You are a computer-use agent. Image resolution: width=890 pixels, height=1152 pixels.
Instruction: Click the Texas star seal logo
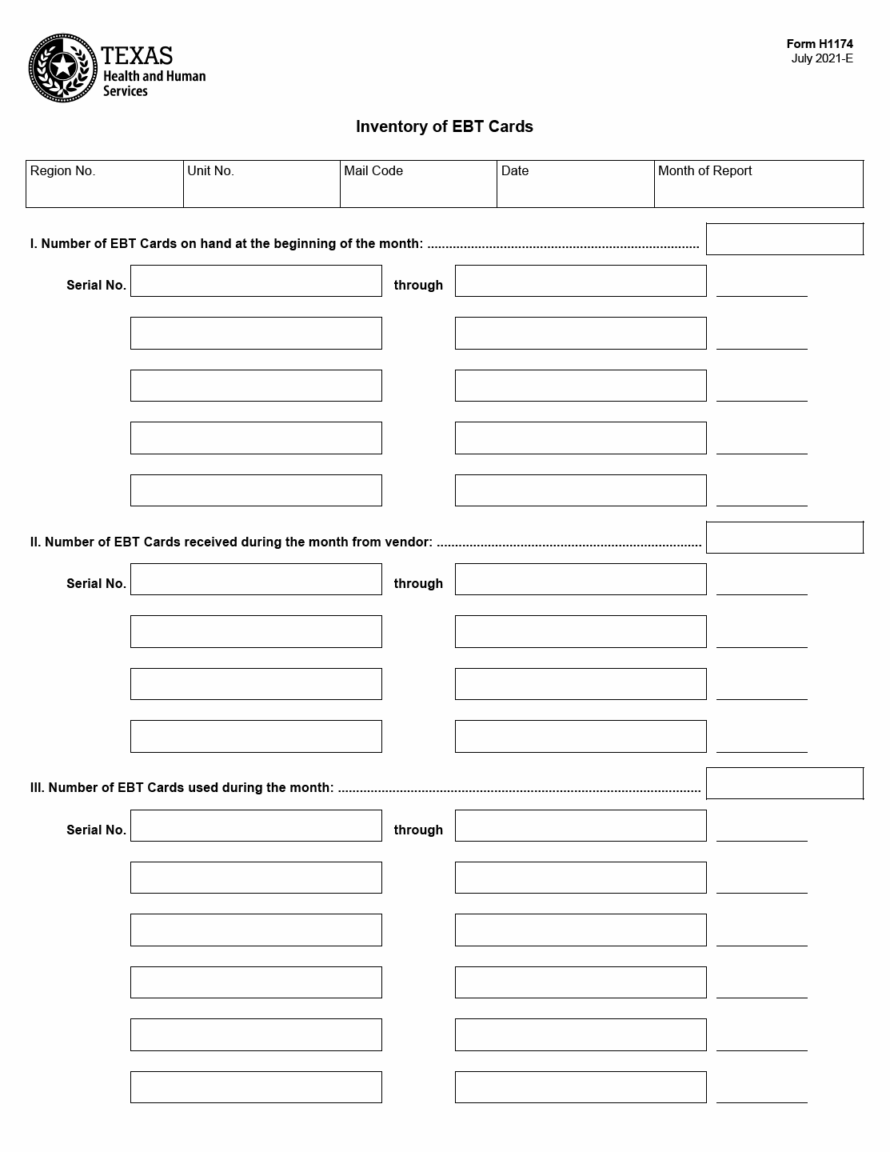62,68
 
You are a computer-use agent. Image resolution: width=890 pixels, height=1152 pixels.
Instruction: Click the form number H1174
820,45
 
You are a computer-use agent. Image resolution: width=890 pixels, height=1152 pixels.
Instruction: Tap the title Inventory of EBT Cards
444,126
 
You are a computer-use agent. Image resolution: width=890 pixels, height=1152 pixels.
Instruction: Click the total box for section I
784,239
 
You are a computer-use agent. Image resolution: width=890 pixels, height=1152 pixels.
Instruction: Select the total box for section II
784,538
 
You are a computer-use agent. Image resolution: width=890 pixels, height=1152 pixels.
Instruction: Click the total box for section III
784,783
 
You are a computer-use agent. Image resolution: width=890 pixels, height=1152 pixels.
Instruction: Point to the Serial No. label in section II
96,584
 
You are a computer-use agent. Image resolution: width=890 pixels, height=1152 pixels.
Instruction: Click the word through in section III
418,830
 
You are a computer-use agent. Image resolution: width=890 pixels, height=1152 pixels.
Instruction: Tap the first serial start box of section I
256,281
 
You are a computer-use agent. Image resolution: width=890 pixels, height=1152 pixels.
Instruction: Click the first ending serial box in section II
581,579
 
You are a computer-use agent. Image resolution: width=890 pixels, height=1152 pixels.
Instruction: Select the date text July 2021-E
822,58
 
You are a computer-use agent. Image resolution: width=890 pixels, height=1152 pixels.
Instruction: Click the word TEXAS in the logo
137,55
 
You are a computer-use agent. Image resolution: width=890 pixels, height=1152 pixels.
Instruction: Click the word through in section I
418,286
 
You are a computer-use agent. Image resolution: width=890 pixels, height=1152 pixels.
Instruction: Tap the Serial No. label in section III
96,830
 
